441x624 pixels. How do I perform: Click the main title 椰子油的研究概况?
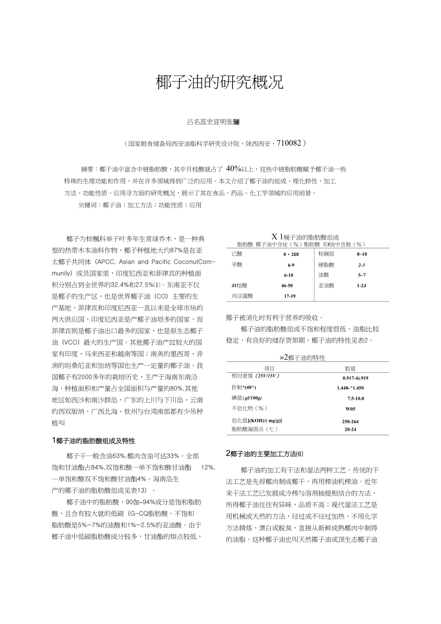(x=220, y=82)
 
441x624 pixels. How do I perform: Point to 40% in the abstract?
(x=233, y=169)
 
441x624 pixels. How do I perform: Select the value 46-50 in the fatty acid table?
(x=287, y=286)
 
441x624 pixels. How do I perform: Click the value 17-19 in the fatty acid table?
(x=290, y=296)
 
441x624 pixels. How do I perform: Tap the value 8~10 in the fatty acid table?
(x=362, y=254)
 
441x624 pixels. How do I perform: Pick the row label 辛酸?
(x=237, y=265)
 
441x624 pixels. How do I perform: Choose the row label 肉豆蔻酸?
(x=242, y=296)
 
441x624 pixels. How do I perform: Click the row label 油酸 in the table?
(x=324, y=275)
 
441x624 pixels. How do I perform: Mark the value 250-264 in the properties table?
(x=350, y=421)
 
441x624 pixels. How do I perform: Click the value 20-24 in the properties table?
(x=350, y=429)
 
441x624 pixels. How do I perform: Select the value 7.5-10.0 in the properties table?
(x=356, y=398)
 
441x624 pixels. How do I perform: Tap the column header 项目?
(x=269, y=368)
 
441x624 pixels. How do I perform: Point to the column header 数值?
(x=350, y=368)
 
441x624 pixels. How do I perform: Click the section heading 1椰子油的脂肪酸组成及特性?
(x=93, y=440)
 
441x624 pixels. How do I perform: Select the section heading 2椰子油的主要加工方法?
(x=265, y=454)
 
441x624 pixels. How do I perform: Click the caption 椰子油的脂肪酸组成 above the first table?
(x=311, y=237)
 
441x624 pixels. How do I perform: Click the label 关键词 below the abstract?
(x=89, y=205)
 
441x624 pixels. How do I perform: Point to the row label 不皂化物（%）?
(x=249, y=408)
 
